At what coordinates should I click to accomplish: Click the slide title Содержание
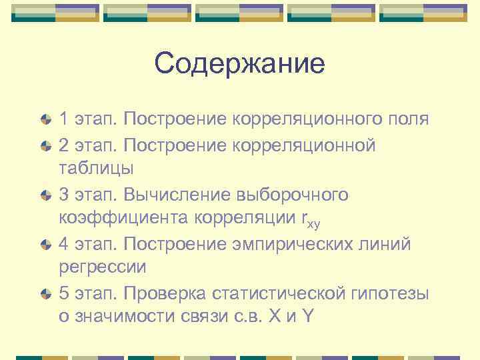tap(239, 64)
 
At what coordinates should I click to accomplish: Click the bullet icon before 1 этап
tap(45, 121)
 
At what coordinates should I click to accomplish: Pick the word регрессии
tap(103, 267)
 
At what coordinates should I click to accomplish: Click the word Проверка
tap(167, 293)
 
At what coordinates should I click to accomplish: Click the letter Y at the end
tap(307, 317)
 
